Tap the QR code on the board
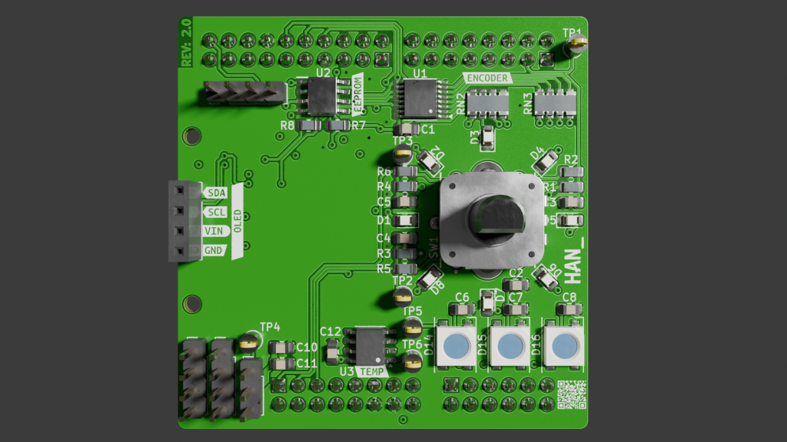tap(571, 394)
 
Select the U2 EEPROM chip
tap(323, 97)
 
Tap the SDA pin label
tap(217, 193)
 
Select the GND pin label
tap(215, 250)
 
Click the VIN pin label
tap(215, 231)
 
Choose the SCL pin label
tap(217, 212)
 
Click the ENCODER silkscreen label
tap(487, 78)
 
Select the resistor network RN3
tap(555, 102)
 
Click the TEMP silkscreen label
tap(373, 371)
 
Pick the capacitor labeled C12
tap(331, 351)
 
